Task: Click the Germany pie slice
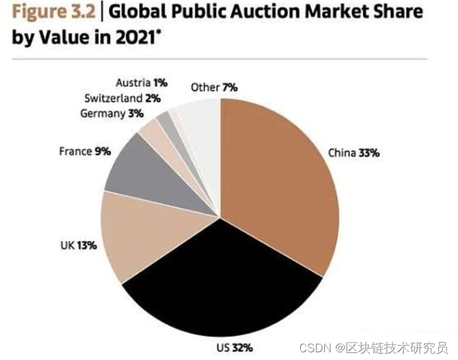coord(154,132)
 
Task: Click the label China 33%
coord(353,153)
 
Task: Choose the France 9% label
coord(85,151)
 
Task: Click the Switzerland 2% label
coord(122,98)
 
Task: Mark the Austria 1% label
coord(142,83)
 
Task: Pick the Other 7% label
coord(214,87)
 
